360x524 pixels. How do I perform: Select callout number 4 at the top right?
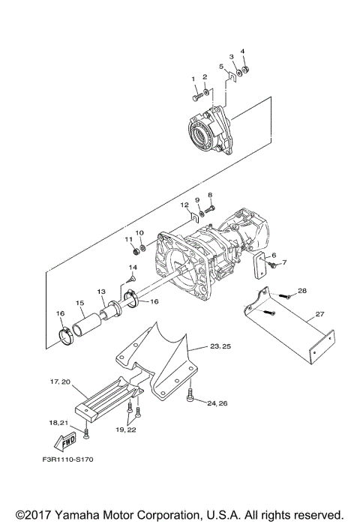pos(242,52)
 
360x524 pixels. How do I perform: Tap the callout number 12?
pos(184,205)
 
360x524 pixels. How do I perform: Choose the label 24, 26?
pos(217,403)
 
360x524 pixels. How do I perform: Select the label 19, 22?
pos(125,430)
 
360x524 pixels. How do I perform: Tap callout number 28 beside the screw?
pos(302,290)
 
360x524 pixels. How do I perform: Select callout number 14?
pos(132,267)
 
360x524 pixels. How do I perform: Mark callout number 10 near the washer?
pos(139,232)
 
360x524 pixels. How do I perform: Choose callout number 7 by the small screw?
pos(284,263)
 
